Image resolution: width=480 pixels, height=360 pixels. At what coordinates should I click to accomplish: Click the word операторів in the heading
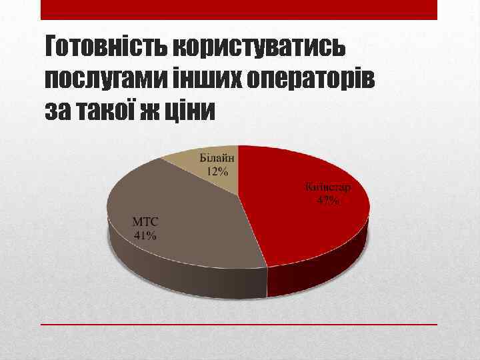310,80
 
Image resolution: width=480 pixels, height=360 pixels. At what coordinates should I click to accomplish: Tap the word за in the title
59,111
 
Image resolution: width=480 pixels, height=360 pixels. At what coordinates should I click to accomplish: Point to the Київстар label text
328,187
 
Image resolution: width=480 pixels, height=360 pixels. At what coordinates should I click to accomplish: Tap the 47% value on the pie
328,199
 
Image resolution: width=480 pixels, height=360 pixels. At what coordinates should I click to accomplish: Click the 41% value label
145,235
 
